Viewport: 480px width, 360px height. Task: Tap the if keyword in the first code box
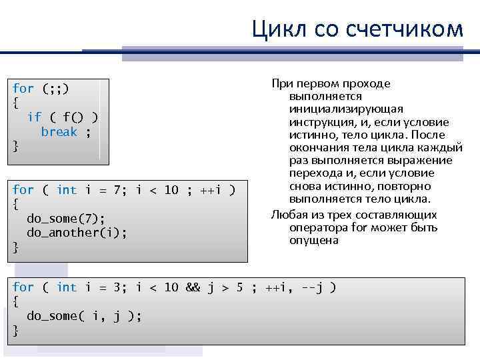point(33,117)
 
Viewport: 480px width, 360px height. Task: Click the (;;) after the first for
point(55,88)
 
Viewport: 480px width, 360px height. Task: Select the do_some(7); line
point(65,218)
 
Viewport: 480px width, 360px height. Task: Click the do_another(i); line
point(76,233)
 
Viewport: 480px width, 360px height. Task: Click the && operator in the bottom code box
point(193,287)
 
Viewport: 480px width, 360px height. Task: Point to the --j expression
point(319,287)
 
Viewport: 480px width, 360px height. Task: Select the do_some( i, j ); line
point(83,316)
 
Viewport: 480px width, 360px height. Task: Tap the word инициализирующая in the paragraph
point(346,109)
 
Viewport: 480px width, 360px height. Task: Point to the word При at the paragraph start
point(280,83)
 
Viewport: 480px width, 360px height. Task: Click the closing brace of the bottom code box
point(16,331)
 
